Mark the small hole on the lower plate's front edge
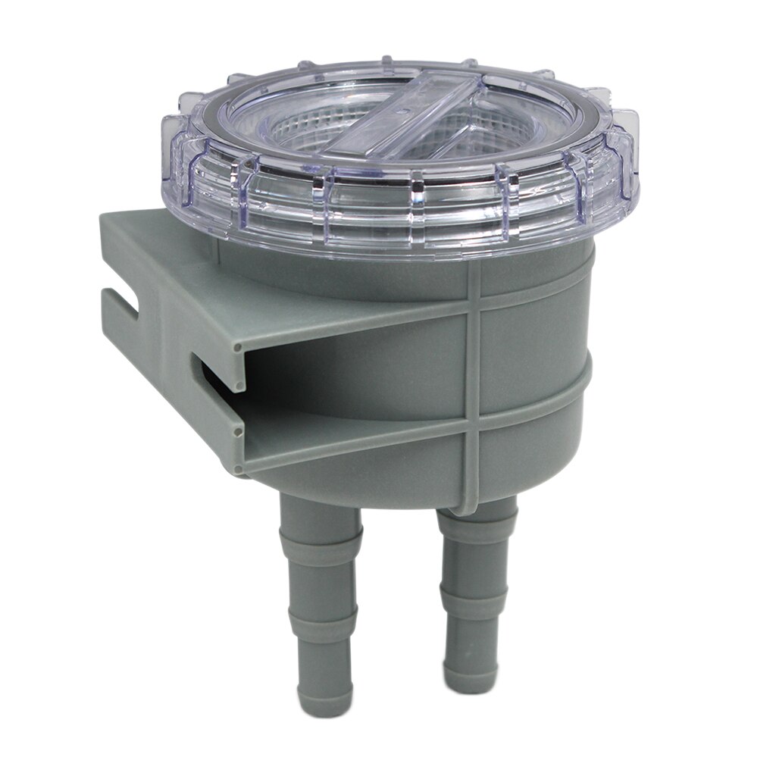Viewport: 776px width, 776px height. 237,432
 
